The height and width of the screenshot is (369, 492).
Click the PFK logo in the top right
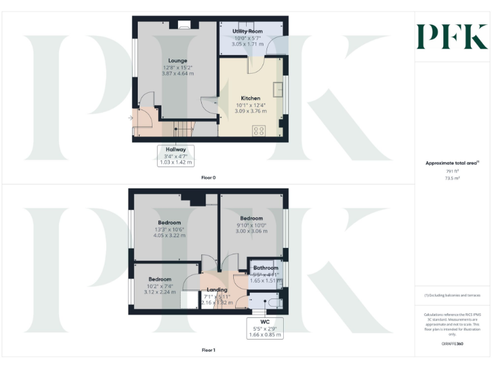452,37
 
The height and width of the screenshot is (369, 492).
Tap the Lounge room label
177,61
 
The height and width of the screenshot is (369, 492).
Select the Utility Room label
247,31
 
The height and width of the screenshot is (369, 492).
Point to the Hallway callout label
176,149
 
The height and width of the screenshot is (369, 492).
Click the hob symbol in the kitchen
259,131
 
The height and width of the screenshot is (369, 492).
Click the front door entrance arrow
131,118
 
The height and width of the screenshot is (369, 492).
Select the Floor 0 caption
208,177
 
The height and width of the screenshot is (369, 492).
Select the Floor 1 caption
208,350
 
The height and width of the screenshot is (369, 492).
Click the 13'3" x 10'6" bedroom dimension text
169,229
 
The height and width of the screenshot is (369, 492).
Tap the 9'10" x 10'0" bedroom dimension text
252,225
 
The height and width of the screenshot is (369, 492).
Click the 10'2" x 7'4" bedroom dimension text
160,286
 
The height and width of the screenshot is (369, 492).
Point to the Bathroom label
265,268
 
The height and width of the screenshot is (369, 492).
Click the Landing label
217,290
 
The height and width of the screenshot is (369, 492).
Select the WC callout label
265,322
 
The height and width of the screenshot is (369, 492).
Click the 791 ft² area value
452,171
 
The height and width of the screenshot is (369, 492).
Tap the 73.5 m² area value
452,178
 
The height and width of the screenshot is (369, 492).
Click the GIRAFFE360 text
452,344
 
